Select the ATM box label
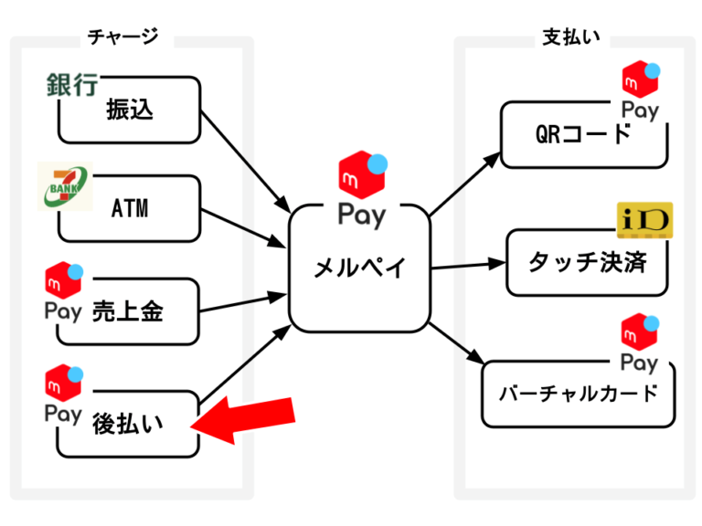pos(129,209)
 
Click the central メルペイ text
pos(358,268)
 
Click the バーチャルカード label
pos(579,394)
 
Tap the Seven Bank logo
pos(65,185)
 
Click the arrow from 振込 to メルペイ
pos(243,158)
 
